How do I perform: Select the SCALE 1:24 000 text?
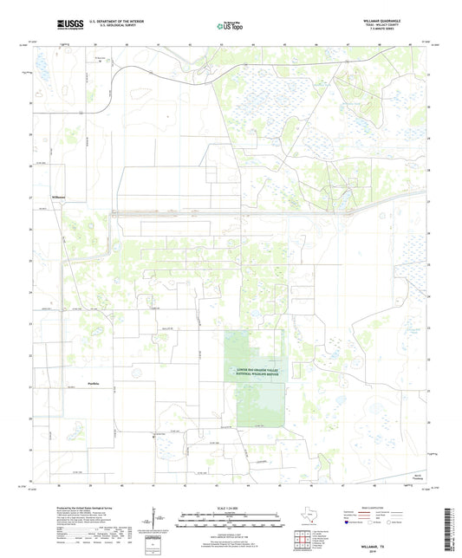[x=230, y=507]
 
